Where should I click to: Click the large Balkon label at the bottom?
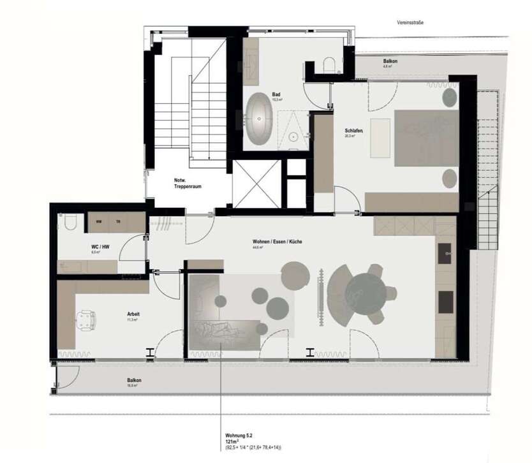(x=134, y=380)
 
